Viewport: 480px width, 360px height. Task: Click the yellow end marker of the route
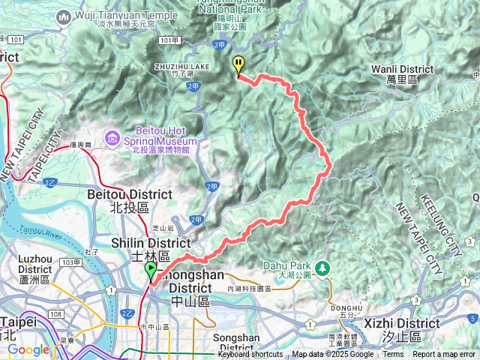pyautogui.click(x=238, y=64)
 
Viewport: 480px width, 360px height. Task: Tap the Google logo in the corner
pyautogui.click(x=28, y=349)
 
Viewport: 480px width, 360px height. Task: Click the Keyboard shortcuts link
pyautogui.click(x=250, y=355)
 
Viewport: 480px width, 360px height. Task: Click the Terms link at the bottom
pyautogui.click(x=393, y=355)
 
